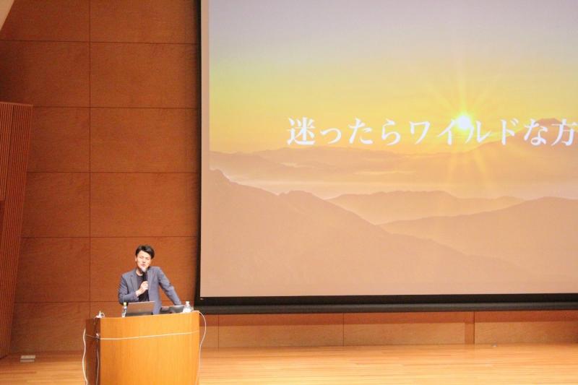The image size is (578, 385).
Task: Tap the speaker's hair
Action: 144,251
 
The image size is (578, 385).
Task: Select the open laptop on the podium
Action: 139,308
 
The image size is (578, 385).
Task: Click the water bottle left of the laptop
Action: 124,310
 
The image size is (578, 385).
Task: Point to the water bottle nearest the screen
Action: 188,307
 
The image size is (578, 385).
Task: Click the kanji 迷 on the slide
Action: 301,131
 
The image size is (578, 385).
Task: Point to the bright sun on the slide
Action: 464,120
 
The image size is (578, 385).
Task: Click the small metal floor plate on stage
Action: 28,358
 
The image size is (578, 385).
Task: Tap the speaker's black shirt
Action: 142,289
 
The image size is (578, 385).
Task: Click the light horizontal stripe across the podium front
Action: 147,335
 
